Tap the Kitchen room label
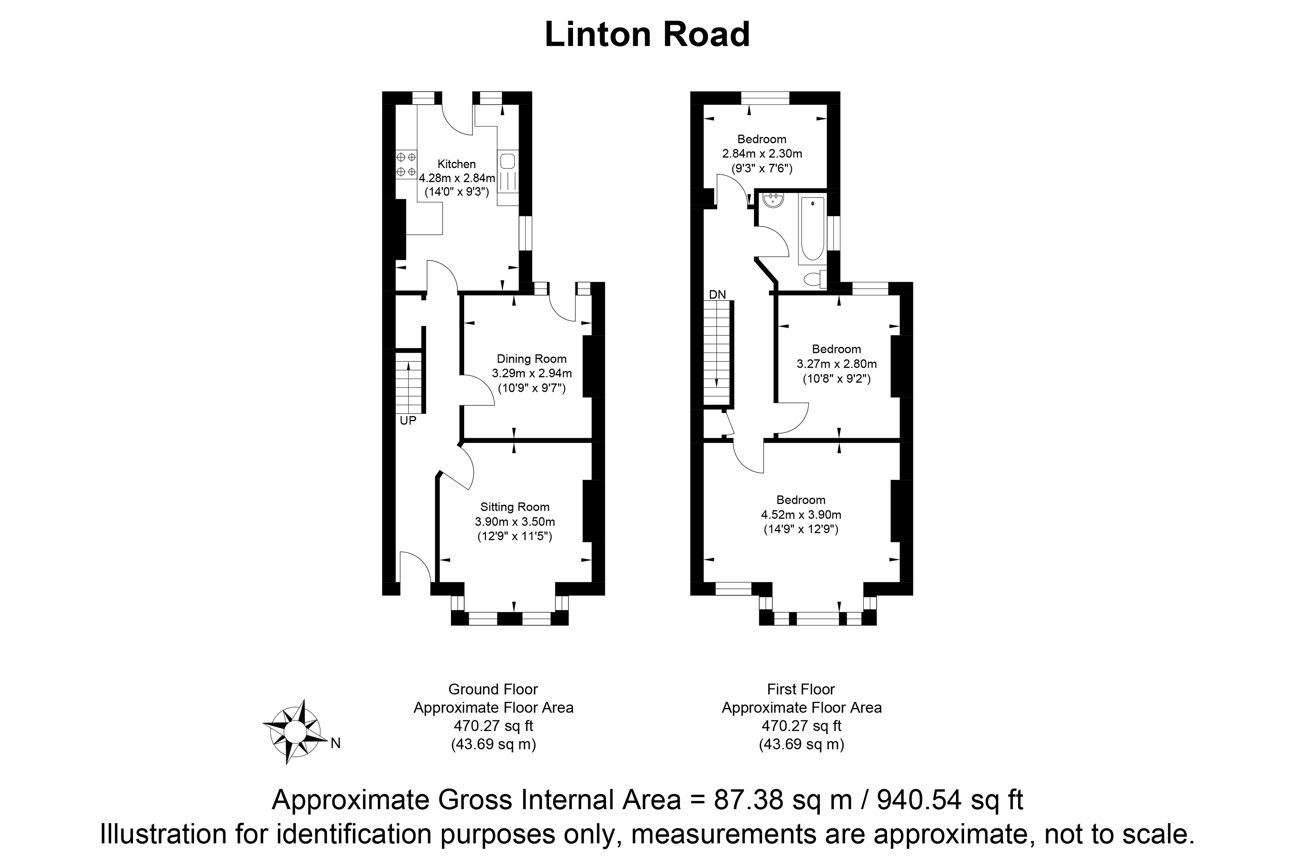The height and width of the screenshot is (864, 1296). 456,164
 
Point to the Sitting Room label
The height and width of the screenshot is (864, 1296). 514,507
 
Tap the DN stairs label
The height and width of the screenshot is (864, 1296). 717,295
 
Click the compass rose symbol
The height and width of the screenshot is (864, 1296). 294,732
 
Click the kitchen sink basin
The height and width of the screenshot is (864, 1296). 507,161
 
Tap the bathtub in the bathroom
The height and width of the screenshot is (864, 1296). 812,228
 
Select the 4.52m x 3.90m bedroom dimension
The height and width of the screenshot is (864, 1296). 801,515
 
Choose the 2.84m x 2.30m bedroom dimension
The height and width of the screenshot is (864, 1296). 762,154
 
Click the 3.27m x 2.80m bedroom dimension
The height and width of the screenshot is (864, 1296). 836,364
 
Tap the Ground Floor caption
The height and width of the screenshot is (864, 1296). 493,689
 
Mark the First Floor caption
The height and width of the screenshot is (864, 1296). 801,689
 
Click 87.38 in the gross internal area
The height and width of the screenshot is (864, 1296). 748,800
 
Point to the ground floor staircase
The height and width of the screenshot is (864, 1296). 408,383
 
